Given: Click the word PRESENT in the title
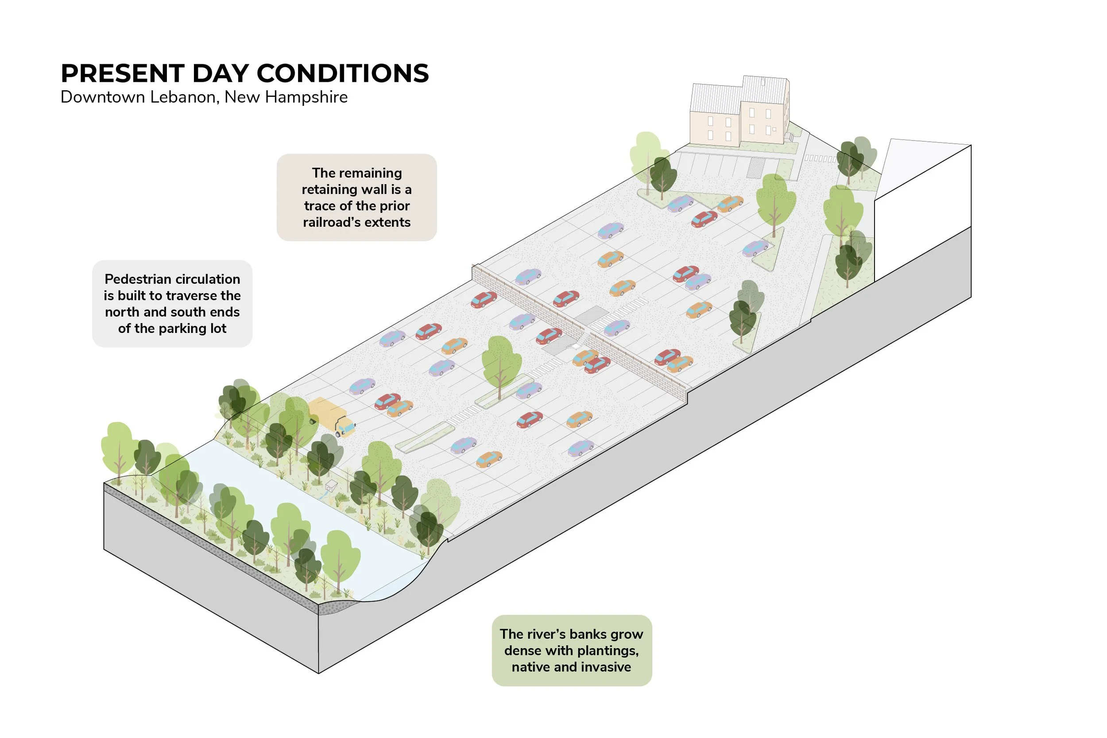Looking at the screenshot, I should tap(122, 73).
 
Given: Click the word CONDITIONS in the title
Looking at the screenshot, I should tap(343, 73).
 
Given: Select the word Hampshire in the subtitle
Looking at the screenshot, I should tap(306, 97).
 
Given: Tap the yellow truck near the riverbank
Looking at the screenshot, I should tap(331, 416).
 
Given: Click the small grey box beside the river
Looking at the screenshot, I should tap(332, 485).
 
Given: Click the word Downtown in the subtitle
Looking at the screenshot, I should tap(103, 97).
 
